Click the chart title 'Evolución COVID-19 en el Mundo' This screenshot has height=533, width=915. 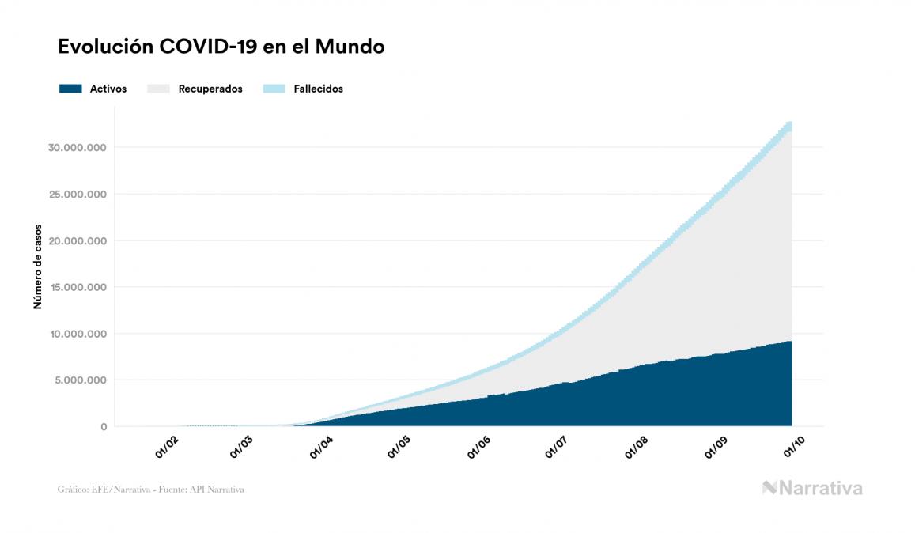[221, 47]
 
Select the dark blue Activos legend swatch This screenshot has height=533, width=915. [70, 89]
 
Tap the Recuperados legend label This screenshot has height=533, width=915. [210, 89]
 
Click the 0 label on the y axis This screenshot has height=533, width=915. [103, 427]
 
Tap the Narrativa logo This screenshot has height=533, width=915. [812, 488]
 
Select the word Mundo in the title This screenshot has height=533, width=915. [350, 47]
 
